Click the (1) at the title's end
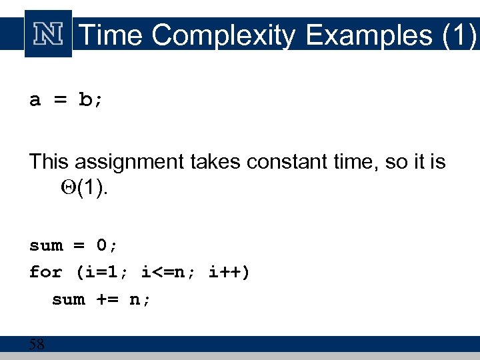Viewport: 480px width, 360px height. pyautogui.click(x=459, y=35)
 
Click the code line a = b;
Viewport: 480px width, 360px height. pyautogui.click(x=66, y=100)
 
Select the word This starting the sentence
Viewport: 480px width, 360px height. pyautogui.click(x=49, y=161)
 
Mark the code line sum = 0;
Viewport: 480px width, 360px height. pyautogui.click(x=73, y=245)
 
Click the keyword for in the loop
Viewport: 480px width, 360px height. pyautogui.click(x=45, y=272)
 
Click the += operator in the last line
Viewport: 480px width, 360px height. pyautogui.click(x=107, y=299)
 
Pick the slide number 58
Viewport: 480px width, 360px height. pyautogui.click(x=37, y=345)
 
